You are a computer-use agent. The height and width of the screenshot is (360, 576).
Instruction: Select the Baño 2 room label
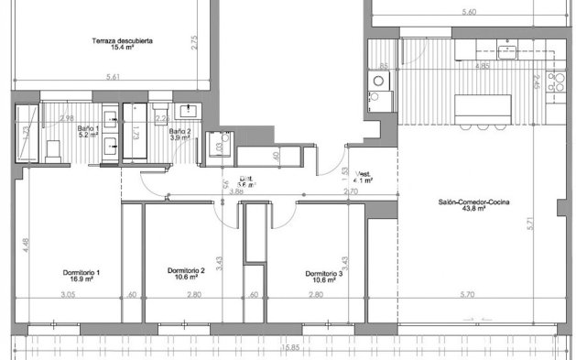coord(179,132)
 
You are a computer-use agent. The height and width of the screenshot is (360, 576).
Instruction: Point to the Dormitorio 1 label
coord(82,272)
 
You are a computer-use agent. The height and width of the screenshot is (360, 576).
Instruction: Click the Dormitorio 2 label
coord(186,271)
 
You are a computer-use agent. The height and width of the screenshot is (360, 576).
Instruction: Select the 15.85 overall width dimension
coord(291,347)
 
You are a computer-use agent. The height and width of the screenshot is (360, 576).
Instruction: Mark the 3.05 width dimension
coord(68,294)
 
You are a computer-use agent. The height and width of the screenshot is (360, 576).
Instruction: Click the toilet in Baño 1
coord(54,150)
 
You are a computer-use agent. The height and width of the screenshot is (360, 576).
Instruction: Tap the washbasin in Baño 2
coord(190,111)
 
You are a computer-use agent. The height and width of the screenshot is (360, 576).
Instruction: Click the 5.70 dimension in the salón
coord(466,294)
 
